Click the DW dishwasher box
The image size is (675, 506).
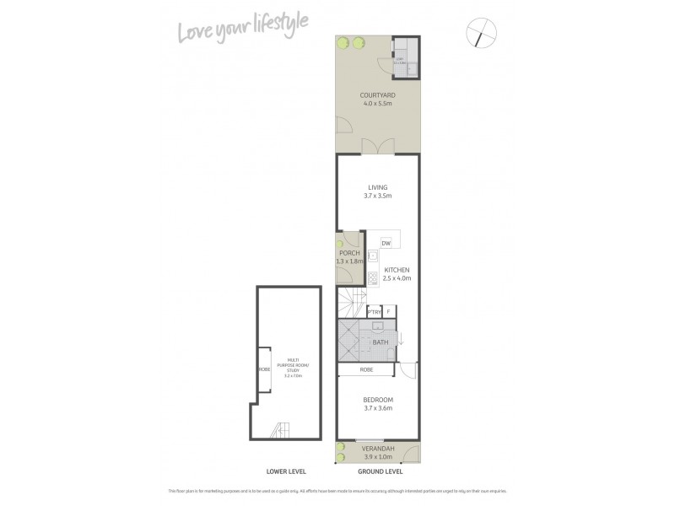click(386, 243)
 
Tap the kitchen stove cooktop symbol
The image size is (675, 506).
click(372, 277)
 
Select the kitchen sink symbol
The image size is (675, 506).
click(372, 255)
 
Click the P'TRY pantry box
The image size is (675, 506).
click(375, 311)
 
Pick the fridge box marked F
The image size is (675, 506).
click(389, 311)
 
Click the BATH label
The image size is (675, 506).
click(381, 342)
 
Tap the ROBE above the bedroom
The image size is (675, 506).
click(366, 369)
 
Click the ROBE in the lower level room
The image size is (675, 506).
click(263, 369)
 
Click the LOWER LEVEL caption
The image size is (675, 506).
click(286, 471)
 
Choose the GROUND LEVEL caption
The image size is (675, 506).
click(377, 471)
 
